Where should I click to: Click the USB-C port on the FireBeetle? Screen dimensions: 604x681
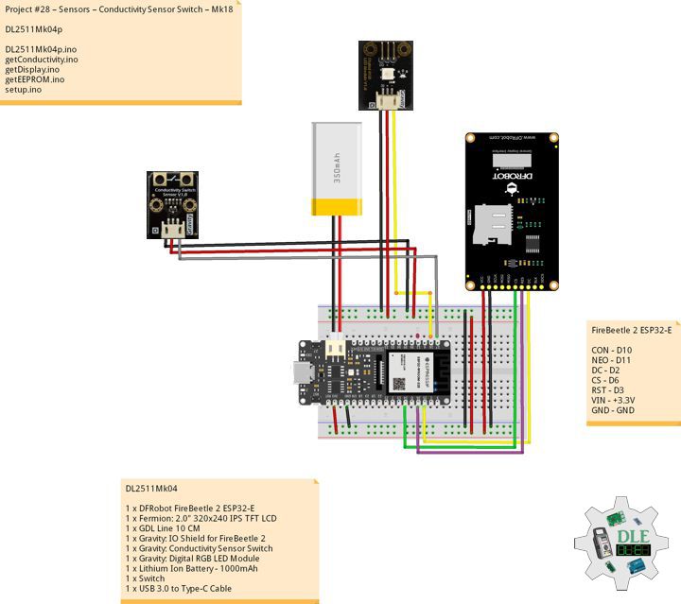[x=301, y=374]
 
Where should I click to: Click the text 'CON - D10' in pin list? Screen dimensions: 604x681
[x=612, y=350]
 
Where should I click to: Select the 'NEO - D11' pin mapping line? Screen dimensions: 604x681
[x=612, y=360]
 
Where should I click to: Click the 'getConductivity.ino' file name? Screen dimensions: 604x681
[x=42, y=59]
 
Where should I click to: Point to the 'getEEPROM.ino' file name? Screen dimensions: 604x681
[x=35, y=79]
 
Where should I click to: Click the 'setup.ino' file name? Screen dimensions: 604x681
[x=24, y=90]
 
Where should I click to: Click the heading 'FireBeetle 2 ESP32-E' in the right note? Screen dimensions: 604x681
[x=631, y=330]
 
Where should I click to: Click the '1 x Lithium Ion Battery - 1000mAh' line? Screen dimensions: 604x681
[x=193, y=569]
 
